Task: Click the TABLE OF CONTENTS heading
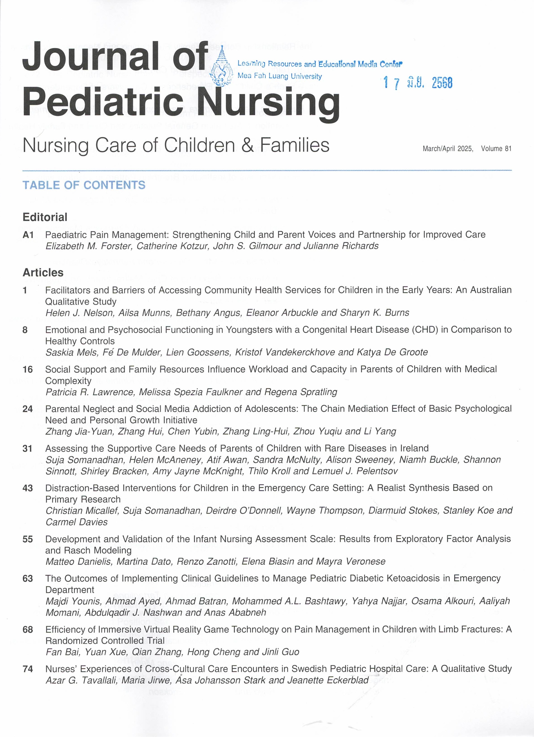84,185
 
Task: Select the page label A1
28,235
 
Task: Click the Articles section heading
43,272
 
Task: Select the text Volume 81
496,148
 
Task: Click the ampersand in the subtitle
247,145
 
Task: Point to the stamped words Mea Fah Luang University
280,76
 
